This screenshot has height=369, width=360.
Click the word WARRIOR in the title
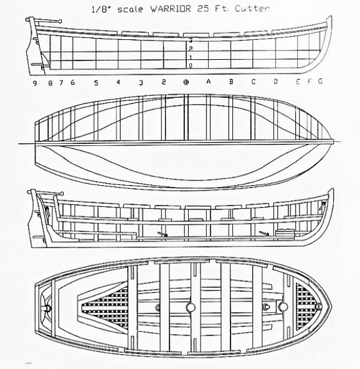[170, 9]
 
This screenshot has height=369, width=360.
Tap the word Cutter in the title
[252, 9]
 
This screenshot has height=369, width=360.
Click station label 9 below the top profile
[35, 84]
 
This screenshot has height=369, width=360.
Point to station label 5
[96, 83]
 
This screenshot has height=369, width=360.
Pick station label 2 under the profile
[164, 82]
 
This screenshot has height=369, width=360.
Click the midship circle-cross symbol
[186, 82]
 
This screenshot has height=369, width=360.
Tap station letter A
[208, 82]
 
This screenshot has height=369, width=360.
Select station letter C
[253, 82]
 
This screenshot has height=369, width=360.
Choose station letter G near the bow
[320, 81]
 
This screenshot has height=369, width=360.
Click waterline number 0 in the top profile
[191, 65]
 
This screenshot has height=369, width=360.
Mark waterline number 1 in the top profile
[191, 57]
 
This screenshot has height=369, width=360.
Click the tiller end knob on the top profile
[60, 21]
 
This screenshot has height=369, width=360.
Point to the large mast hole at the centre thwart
[191, 307]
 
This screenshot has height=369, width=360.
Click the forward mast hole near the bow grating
[283, 306]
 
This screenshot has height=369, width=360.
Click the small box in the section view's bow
[285, 232]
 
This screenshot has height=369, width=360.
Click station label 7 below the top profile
[62, 83]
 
